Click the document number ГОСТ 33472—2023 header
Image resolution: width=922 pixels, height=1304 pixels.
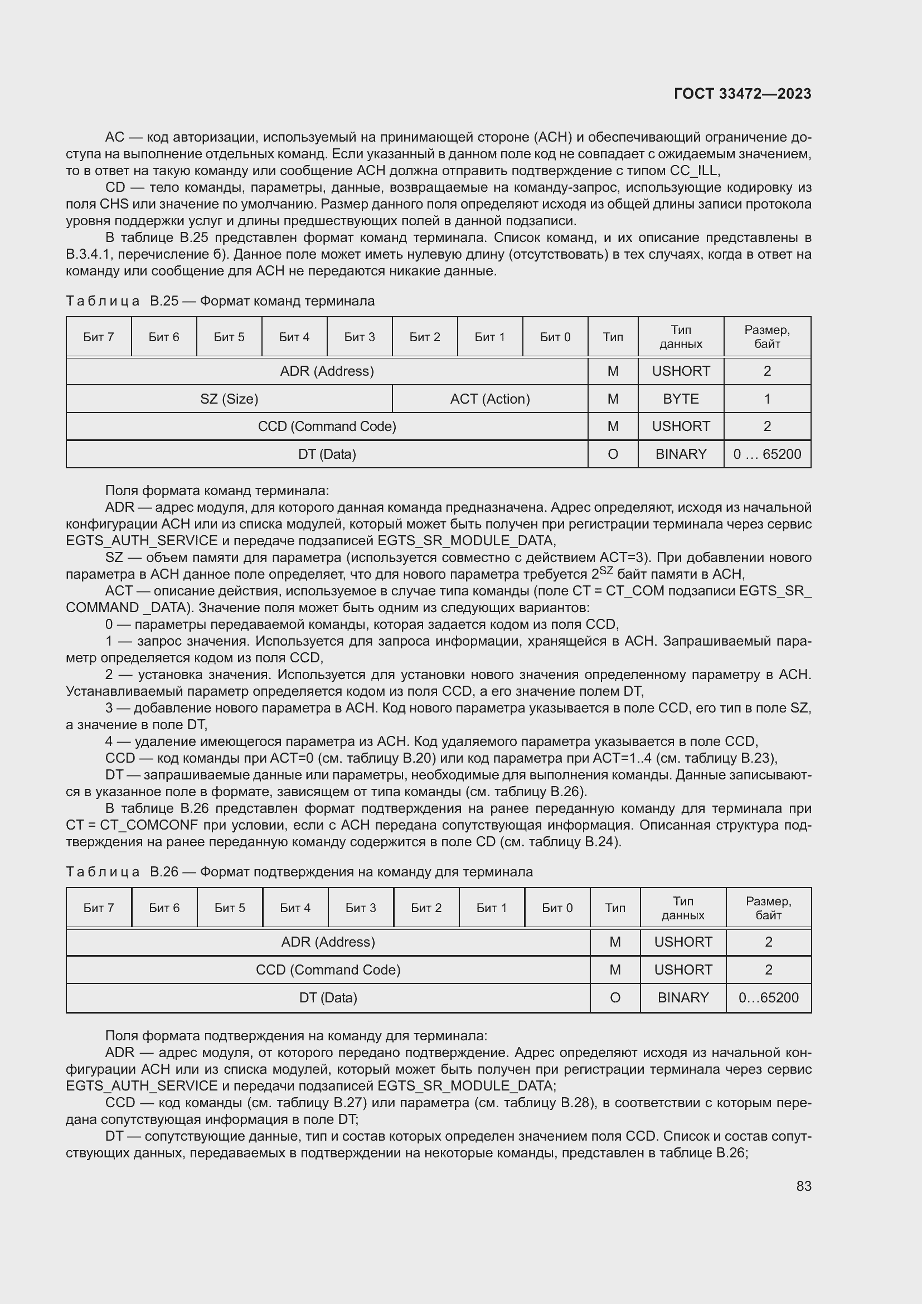(x=742, y=94)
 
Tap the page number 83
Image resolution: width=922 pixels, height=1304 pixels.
(x=803, y=1186)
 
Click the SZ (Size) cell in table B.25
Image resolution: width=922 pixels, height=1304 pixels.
(x=229, y=399)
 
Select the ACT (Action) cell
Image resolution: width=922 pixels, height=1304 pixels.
(x=489, y=399)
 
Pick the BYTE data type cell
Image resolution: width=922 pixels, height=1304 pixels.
(x=680, y=399)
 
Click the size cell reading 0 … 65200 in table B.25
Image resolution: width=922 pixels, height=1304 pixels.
(x=767, y=454)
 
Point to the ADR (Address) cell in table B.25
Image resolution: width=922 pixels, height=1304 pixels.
(x=327, y=371)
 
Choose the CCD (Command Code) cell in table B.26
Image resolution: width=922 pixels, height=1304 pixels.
(x=328, y=970)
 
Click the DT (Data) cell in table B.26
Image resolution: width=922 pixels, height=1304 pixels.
(x=328, y=998)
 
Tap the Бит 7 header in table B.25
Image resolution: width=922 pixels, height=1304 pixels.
(x=98, y=337)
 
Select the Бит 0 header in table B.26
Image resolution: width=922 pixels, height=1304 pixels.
(x=557, y=908)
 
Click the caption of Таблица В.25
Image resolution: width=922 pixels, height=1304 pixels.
(x=220, y=301)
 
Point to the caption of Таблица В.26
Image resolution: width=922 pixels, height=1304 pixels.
(x=299, y=872)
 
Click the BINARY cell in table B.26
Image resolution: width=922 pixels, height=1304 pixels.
(x=682, y=998)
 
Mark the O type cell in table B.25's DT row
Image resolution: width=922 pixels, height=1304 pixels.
(x=613, y=454)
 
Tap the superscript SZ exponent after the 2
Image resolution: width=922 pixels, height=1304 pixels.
(x=606, y=570)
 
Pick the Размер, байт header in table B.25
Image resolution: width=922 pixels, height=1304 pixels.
(x=767, y=337)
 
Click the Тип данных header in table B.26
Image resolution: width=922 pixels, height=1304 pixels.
(x=682, y=908)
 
